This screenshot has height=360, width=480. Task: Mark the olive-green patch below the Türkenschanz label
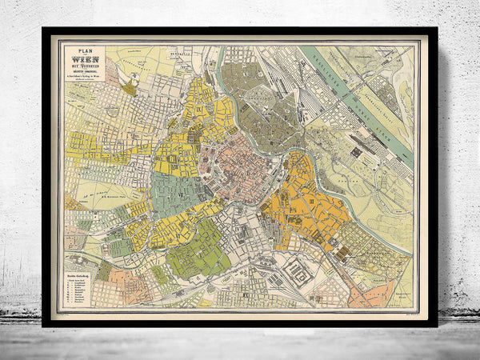click(129, 89)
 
